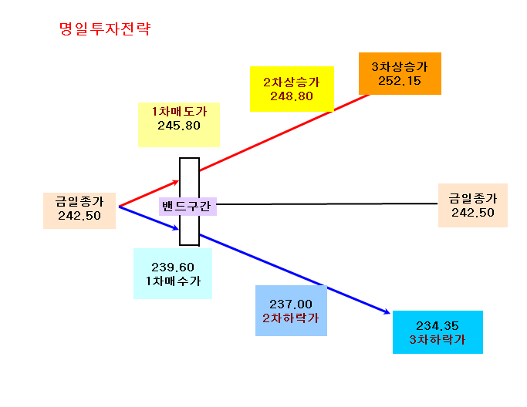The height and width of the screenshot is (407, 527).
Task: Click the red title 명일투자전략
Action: click(105, 29)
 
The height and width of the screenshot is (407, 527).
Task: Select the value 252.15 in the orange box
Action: click(400, 81)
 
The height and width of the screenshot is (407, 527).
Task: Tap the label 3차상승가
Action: click(400, 67)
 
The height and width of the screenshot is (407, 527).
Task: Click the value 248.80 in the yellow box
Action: click(292, 96)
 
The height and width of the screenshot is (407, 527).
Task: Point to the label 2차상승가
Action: click(292, 82)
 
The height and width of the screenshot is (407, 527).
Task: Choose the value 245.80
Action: click(179, 126)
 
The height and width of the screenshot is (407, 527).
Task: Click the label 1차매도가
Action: click(179, 112)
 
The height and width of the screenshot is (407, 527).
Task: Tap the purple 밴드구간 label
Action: click(187, 206)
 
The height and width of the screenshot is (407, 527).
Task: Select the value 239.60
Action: click(173, 267)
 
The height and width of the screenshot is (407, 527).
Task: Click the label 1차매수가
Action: click(173, 281)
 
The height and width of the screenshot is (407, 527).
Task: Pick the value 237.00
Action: click(291, 304)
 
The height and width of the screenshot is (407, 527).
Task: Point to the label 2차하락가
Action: click(291, 318)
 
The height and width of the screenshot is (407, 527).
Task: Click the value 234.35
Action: click(437, 326)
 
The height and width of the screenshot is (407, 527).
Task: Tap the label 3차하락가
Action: click(437, 339)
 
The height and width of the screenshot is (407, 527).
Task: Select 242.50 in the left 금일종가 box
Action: click(79, 216)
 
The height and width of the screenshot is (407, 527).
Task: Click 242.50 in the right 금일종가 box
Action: click(473, 213)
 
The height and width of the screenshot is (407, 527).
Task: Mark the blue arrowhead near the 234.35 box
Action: click(387, 312)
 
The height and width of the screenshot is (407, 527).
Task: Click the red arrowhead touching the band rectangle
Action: click(176, 183)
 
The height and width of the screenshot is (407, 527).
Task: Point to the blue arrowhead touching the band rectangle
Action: click(175, 228)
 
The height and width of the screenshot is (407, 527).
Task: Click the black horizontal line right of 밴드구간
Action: click(327, 203)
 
